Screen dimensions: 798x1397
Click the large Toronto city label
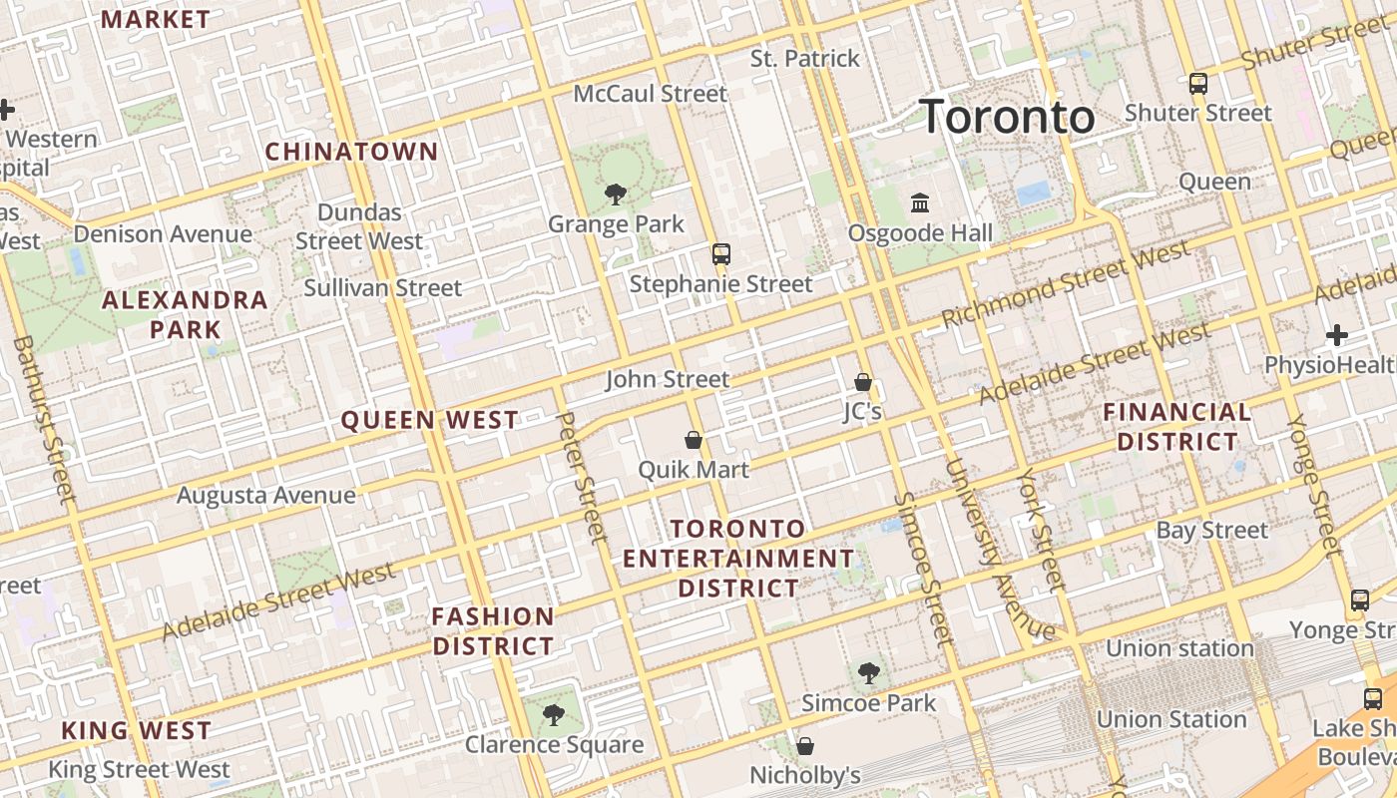tap(1006, 117)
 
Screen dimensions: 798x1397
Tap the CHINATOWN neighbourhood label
tap(351, 152)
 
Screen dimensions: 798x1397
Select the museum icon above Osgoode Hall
tap(920, 203)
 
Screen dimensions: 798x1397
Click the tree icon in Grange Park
tap(616, 195)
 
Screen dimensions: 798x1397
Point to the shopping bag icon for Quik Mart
tap(694, 439)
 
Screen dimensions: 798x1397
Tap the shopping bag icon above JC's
tap(863, 382)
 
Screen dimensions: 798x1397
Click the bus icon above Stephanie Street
tap(721, 254)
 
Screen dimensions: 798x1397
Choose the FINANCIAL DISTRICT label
tap(1177, 427)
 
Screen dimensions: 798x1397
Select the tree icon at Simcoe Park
tap(869, 673)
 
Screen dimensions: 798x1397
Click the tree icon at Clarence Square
tap(553, 714)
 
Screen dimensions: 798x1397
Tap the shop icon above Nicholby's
tap(805, 745)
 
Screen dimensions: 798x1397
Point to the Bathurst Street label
tap(45, 419)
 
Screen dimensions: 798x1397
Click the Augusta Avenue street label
tap(265, 495)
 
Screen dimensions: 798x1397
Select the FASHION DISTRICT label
tap(493, 631)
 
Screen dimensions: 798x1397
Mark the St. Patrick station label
tap(804, 59)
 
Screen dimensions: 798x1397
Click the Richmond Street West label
tap(1066, 284)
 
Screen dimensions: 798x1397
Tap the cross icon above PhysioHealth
tap(1337, 335)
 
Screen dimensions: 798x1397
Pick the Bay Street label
tap(1211, 531)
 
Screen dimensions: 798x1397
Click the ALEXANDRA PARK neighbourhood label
tap(186, 314)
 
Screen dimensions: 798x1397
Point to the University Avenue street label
tap(998, 549)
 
